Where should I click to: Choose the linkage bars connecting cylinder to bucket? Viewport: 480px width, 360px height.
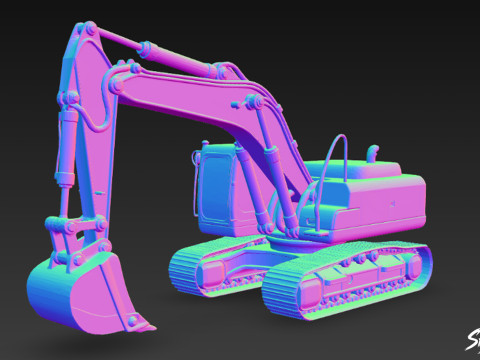[75, 235]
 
